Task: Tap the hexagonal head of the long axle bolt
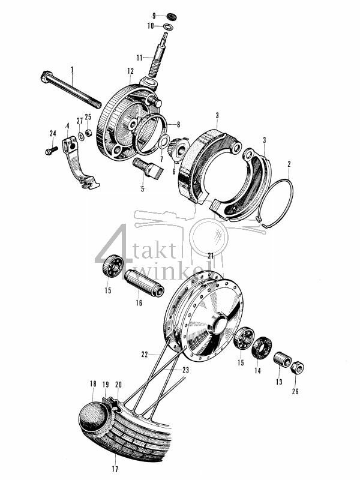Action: click(45, 79)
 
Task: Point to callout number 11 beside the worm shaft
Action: click(139, 57)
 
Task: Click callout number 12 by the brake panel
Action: click(130, 71)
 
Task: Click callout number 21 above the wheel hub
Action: click(211, 256)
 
